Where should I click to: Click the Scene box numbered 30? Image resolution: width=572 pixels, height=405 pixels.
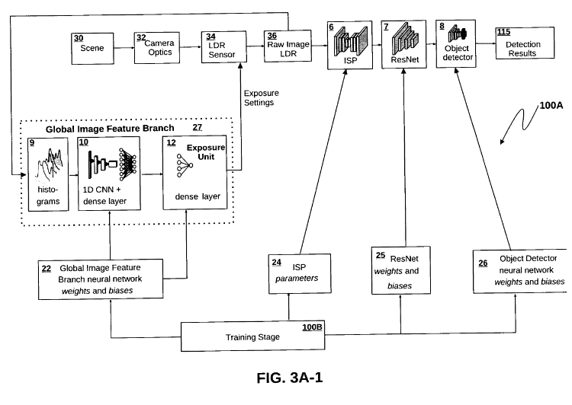point(92,46)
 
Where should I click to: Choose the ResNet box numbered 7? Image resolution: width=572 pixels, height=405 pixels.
point(404,47)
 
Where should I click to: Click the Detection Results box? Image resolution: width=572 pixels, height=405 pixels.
point(518,47)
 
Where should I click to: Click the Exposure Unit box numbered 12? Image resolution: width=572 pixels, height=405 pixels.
point(194,174)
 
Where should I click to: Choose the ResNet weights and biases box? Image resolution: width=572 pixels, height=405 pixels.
point(402,270)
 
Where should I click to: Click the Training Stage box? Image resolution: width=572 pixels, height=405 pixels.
point(252,335)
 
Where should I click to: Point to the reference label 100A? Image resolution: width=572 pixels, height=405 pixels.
point(549,106)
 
